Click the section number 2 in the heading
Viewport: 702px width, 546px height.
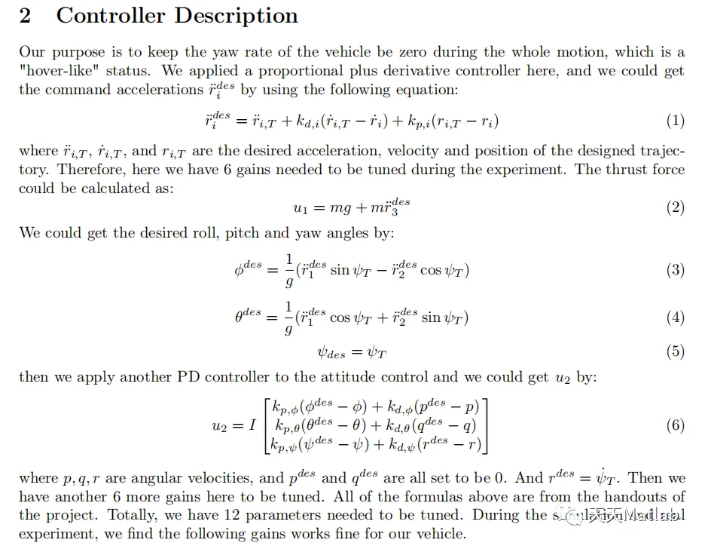coord(26,15)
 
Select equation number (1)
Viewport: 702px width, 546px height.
coord(675,121)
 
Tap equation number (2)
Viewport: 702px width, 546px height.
coord(675,207)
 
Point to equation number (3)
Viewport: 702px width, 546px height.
coord(675,270)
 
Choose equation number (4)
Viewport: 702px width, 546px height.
coord(675,317)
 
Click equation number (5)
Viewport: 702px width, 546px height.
coord(675,351)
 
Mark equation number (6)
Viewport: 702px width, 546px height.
coord(675,425)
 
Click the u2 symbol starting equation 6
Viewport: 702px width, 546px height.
coord(222,426)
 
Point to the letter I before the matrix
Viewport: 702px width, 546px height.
coord(252,425)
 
